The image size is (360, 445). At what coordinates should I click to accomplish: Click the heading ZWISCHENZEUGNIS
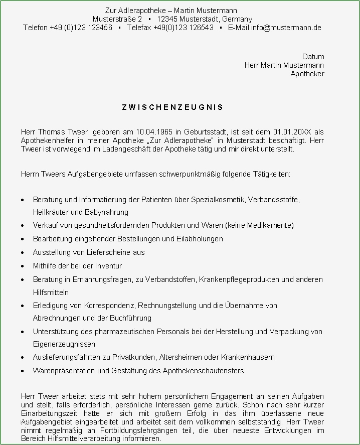(172, 107)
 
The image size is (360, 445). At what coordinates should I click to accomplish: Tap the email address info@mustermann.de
(286, 28)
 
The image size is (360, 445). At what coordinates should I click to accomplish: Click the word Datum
(313, 57)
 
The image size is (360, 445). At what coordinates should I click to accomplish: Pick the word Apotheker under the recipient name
(307, 74)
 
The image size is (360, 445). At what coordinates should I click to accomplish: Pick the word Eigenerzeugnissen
(64, 344)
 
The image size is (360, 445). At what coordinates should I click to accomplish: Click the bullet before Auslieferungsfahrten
(24, 358)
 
